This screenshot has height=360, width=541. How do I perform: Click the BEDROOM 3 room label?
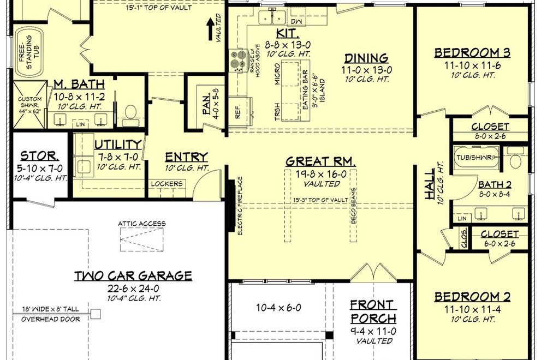coord(472,53)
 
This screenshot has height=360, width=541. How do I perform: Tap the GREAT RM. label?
coord(321,161)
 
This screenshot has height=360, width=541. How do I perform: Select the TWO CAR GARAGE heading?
coord(133,275)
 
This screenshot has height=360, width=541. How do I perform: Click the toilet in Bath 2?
coord(514,159)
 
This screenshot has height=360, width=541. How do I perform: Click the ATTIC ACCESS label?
coord(141,224)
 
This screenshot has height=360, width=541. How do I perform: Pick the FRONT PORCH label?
coord(373,311)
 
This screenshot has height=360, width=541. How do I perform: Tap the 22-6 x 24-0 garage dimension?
coord(133,288)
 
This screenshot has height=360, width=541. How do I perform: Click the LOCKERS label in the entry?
coord(167,184)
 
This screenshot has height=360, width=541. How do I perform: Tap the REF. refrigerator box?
coord(237,109)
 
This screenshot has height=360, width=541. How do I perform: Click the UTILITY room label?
coord(118,145)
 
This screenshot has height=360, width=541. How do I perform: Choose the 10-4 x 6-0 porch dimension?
coord(279,308)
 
